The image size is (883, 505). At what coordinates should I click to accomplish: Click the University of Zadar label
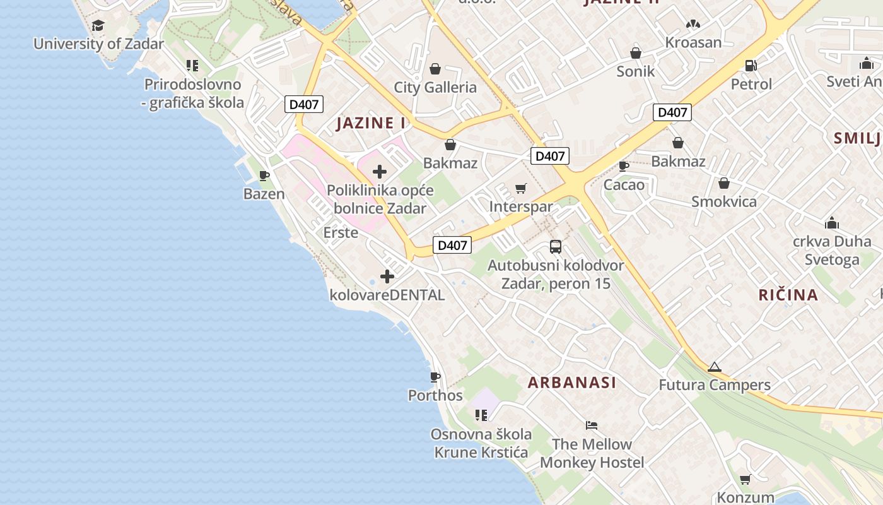98,44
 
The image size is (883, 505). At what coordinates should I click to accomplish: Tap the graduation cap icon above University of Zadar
98,26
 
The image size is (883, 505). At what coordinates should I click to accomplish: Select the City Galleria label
435,87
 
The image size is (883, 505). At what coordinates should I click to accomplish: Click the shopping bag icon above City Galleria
435,68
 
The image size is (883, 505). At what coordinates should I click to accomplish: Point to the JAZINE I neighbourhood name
371,123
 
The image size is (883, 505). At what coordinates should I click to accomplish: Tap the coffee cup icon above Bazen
264,175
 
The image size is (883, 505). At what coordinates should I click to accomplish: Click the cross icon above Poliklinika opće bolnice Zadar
380,171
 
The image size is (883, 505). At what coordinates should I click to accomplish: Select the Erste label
341,232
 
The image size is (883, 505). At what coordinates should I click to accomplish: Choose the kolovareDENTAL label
387,295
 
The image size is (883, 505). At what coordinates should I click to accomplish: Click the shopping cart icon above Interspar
520,188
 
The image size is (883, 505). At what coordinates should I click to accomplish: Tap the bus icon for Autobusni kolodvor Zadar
556,247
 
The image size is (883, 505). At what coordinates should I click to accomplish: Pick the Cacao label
624,185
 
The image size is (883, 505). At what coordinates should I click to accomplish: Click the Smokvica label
724,202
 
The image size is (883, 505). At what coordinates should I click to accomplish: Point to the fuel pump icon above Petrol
751,65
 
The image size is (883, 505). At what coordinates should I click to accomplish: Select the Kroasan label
694,43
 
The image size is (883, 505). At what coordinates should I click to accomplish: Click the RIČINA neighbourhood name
788,295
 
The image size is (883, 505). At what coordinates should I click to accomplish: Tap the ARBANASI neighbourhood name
572,383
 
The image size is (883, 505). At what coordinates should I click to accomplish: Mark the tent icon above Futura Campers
714,367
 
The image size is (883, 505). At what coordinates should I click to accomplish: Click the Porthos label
435,396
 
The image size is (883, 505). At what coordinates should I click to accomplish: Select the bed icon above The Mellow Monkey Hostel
592,425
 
